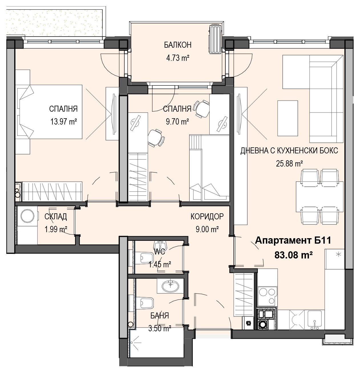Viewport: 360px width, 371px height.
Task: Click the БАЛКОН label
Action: (178, 45)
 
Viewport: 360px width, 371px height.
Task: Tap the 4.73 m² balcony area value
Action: (178, 58)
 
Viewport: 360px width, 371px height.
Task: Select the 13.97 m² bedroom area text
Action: (64, 121)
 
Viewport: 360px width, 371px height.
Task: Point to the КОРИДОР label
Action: (207, 216)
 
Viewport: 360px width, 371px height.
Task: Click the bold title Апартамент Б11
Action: (293, 240)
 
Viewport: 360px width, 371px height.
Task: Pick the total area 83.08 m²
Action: (293, 255)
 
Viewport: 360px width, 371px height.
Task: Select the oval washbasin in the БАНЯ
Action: (170, 286)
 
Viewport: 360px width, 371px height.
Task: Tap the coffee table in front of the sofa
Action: (288, 118)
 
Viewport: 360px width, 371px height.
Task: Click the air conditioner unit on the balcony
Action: (215, 39)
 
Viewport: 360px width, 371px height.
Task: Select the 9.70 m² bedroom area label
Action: (177, 121)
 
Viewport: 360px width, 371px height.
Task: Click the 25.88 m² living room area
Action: (289, 164)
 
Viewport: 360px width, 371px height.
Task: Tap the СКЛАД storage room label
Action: (56, 217)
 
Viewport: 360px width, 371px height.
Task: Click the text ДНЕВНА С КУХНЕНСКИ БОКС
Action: (289, 151)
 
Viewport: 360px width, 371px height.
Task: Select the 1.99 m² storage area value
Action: (56, 229)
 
